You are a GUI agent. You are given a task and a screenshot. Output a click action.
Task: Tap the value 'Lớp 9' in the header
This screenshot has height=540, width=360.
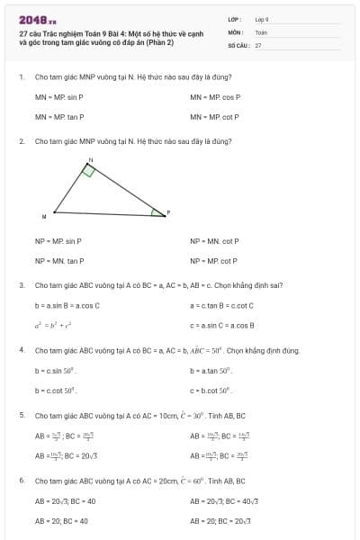(262, 19)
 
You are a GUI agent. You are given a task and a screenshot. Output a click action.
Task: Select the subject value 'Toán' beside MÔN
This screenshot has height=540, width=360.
(261, 31)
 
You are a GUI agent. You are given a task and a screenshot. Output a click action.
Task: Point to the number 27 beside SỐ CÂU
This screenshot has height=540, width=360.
(258, 44)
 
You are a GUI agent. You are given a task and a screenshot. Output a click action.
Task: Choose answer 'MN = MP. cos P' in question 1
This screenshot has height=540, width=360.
(215, 96)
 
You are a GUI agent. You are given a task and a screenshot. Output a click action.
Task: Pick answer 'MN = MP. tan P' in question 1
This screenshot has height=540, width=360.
(59, 116)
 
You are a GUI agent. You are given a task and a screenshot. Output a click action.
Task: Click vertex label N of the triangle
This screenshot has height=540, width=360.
(90, 158)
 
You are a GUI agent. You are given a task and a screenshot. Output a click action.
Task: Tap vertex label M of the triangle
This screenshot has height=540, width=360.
(43, 217)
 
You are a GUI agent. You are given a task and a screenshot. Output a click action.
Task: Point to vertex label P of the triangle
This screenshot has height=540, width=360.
(168, 211)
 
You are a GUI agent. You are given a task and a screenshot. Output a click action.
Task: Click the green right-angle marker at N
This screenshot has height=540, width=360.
(88, 170)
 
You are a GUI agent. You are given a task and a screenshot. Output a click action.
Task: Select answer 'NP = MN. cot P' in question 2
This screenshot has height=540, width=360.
(214, 241)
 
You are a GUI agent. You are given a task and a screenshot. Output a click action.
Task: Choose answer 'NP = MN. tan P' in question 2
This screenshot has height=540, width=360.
(59, 261)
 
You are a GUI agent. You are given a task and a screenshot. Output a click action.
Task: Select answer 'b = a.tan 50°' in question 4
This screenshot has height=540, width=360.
(211, 370)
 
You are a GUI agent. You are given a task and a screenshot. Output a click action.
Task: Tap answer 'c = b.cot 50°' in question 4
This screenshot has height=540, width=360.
(211, 390)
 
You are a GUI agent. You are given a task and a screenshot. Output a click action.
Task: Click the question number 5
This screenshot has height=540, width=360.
(22, 415)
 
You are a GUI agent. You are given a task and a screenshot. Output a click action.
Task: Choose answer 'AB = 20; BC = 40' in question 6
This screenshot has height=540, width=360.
(61, 520)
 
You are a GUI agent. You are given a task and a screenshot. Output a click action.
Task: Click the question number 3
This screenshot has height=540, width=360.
(22, 285)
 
